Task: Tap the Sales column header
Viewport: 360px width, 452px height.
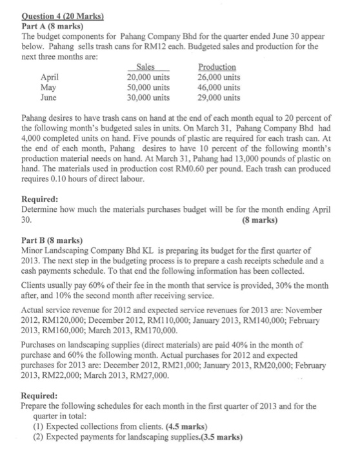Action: [148, 67]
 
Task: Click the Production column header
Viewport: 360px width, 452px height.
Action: [217, 67]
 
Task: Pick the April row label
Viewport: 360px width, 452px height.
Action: [50, 77]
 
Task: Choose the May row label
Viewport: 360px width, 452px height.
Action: [48, 87]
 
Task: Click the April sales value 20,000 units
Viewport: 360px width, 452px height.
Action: [148, 77]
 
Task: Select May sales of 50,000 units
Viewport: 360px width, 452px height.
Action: [148, 87]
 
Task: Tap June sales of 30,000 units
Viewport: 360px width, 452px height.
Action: [148, 98]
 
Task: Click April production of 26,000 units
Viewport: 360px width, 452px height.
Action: [219, 77]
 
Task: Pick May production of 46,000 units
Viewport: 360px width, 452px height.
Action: [219, 87]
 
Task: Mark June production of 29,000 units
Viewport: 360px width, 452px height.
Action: [219, 98]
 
